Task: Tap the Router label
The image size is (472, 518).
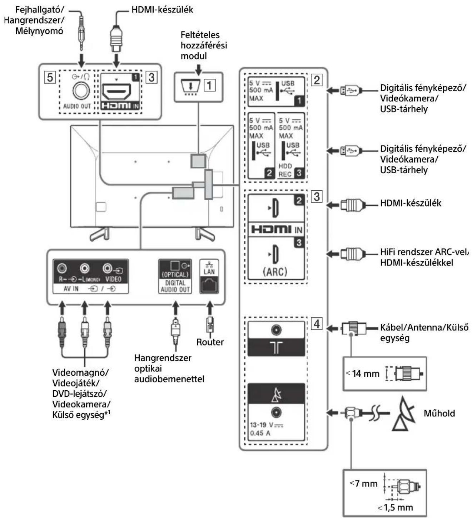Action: [210, 342]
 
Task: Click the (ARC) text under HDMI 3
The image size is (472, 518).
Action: [275, 272]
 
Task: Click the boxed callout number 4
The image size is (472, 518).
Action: [317, 324]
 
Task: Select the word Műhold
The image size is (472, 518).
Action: [439, 414]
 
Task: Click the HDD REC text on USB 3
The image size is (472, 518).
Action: [285, 170]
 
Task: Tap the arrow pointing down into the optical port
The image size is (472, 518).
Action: [175, 308]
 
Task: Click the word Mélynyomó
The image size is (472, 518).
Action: [39, 31]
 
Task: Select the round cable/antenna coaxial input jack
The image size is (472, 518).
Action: [276, 330]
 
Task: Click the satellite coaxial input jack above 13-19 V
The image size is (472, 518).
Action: [276, 412]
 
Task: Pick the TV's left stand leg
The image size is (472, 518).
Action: [99, 234]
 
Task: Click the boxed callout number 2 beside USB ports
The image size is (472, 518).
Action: [317, 80]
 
